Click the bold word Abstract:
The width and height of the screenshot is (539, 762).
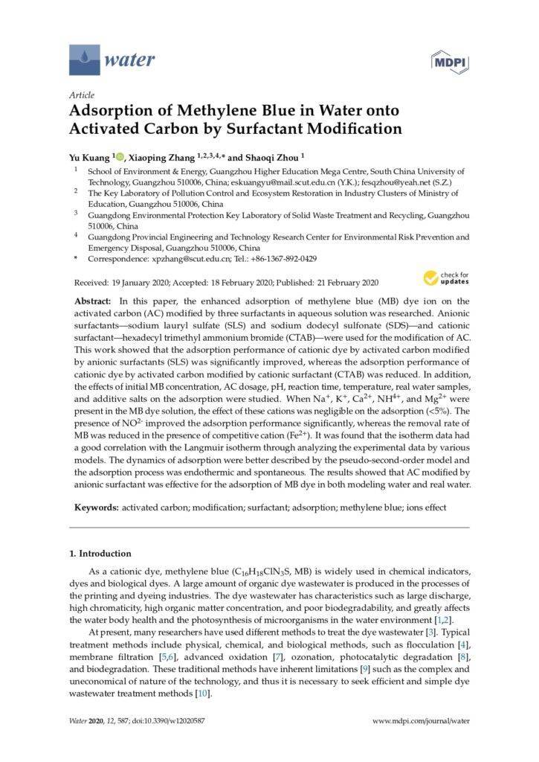pyautogui.click(x=92, y=301)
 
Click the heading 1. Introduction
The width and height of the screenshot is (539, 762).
pyautogui.click(x=100, y=554)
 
